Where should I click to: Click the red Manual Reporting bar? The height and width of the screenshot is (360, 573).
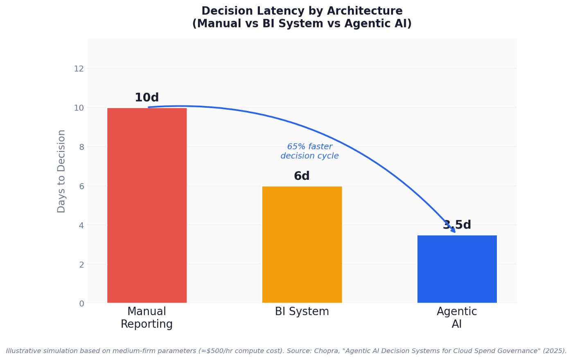point(147,205)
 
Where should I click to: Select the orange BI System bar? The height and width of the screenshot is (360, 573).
point(302,245)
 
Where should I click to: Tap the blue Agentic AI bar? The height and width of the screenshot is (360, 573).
point(457,269)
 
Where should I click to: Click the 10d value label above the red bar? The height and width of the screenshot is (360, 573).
point(147,98)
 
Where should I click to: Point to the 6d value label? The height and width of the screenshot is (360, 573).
point(302,176)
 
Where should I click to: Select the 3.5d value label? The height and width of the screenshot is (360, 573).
point(457,225)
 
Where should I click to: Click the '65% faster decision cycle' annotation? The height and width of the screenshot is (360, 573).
point(309,151)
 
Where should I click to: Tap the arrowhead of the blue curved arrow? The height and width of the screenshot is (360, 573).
point(453,230)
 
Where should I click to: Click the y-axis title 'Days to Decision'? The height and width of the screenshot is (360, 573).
point(61,171)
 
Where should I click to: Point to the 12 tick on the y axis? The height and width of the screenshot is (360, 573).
point(79,69)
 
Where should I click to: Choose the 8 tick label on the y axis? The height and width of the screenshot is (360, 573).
point(81,147)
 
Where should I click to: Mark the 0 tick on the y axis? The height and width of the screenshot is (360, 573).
point(81,303)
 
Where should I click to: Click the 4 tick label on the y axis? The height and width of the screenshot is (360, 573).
point(81,225)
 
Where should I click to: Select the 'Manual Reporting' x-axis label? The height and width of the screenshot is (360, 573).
point(147,318)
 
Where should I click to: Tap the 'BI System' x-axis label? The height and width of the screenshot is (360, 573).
point(302,312)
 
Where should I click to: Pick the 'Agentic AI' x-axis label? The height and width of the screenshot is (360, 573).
point(457,318)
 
